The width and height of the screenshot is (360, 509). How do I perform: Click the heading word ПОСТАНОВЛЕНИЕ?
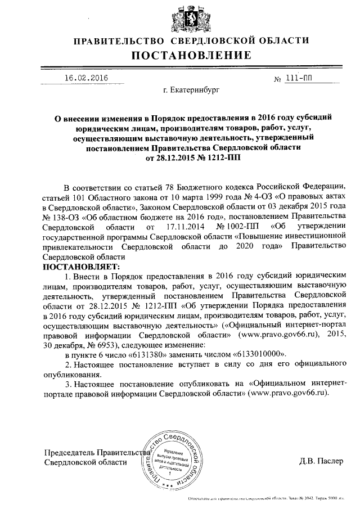tap(191, 55)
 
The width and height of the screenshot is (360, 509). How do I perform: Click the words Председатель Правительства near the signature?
tap(96, 452)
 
